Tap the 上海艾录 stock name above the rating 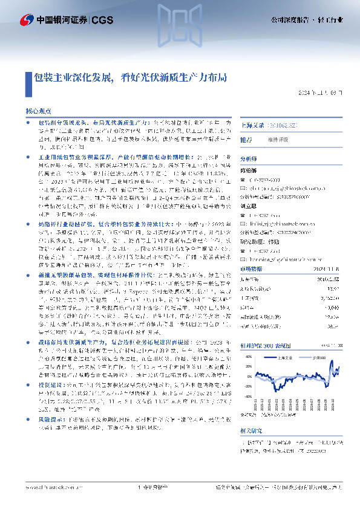pos(254,125)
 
